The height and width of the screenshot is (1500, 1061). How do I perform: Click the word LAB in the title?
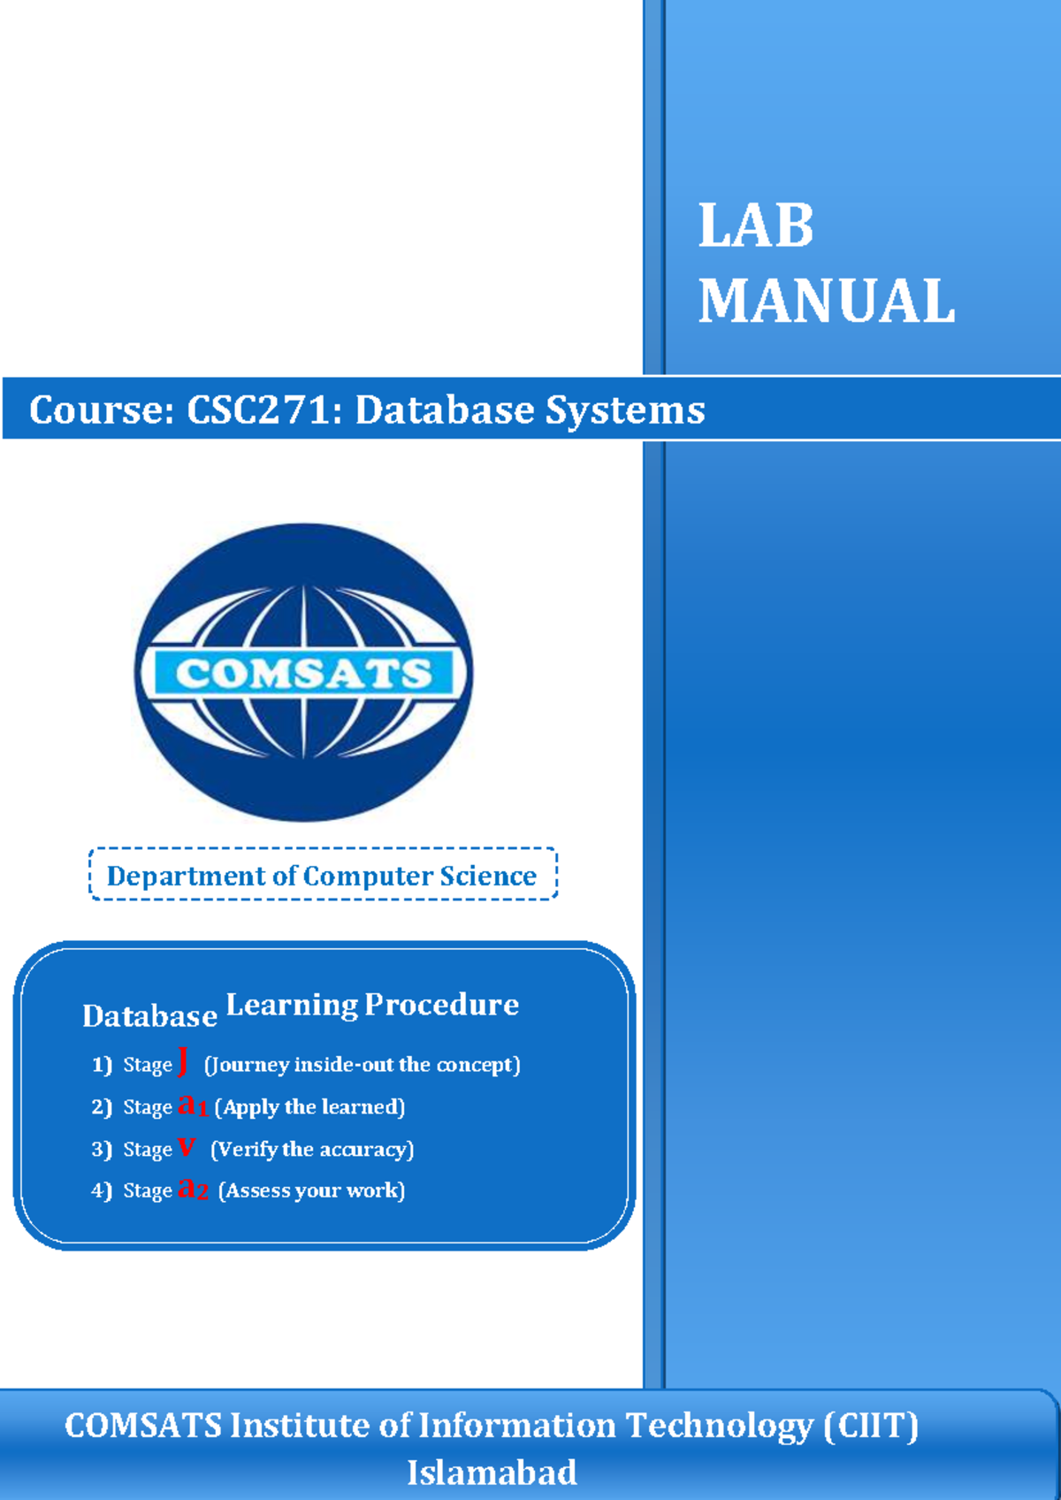[755, 226]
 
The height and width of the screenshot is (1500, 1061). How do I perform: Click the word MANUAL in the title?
[827, 302]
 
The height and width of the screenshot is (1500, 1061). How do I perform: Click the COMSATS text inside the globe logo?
[303, 674]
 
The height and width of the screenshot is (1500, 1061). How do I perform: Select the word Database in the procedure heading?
[149, 1016]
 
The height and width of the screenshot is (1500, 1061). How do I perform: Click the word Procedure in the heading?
[441, 1005]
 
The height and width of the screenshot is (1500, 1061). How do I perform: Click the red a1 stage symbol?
[192, 1105]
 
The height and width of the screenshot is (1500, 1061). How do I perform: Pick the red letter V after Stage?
[186, 1147]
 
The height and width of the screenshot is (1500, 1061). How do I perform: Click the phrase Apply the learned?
[309, 1107]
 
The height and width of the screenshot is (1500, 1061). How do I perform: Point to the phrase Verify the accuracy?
[312, 1149]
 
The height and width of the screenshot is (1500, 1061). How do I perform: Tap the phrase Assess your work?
[311, 1190]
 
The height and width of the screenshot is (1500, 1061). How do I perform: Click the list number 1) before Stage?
[102, 1064]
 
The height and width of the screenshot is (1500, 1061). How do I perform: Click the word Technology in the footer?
[720, 1426]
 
